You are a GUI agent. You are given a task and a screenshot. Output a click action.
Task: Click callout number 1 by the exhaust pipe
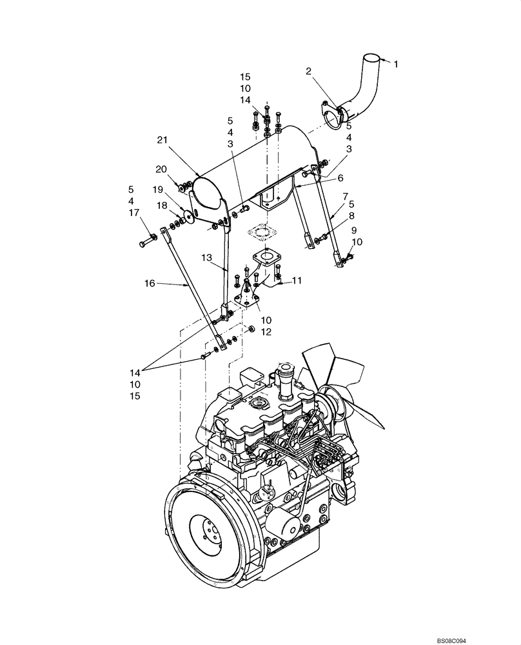click(x=396, y=64)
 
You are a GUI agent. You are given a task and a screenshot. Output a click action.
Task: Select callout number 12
click(x=266, y=332)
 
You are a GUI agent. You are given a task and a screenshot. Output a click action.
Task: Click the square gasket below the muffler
click(x=260, y=230)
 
